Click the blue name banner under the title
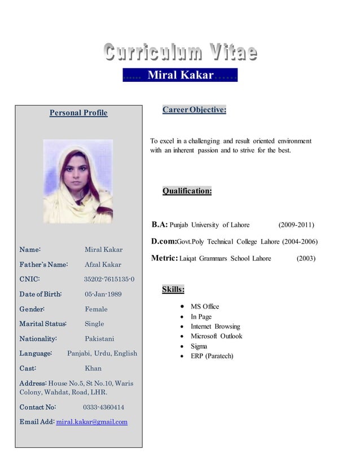click(180, 75)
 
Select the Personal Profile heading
click(78, 113)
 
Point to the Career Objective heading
click(194, 109)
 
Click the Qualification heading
click(187, 191)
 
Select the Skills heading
click(173, 289)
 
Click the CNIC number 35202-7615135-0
click(109, 279)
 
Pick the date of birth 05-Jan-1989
click(103, 294)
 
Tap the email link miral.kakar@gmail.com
click(92, 421)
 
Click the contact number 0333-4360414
click(104, 407)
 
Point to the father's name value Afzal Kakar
click(103, 264)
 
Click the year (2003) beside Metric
click(306, 258)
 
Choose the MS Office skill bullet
click(205, 306)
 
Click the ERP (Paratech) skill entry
click(212, 356)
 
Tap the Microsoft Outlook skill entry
click(216, 336)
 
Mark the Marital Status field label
click(43, 324)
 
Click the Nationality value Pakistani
click(99, 338)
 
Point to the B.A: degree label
click(160, 225)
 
